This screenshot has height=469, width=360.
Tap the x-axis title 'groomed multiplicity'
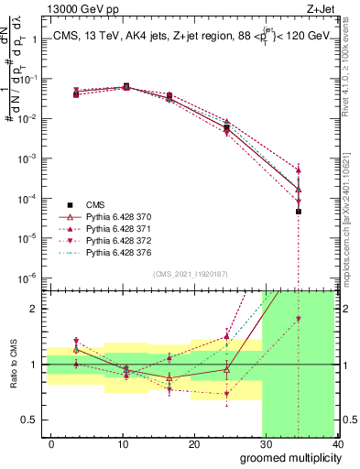(x=286, y=456)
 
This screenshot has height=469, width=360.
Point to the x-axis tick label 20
(x=194, y=444)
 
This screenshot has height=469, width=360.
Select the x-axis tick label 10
(x=123, y=444)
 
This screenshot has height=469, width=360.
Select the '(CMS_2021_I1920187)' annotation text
(x=191, y=273)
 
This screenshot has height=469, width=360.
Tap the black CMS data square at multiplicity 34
(x=298, y=212)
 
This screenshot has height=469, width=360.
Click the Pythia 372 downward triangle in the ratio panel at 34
(x=298, y=319)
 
